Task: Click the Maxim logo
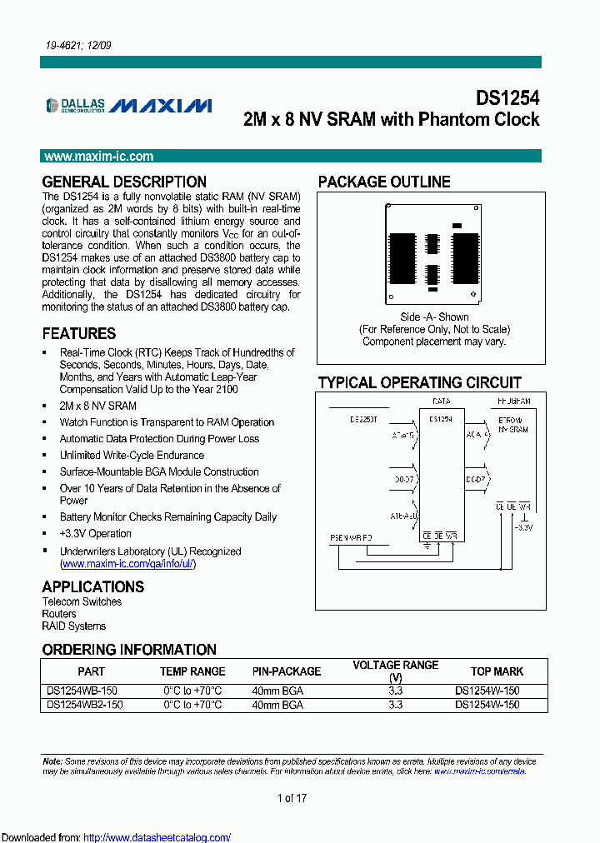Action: click(x=161, y=106)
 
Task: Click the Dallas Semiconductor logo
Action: click(x=76, y=106)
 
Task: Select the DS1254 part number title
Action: click(x=507, y=97)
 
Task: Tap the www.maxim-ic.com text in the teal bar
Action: click(x=98, y=157)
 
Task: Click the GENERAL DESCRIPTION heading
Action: click(x=124, y=182)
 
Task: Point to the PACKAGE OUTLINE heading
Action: click(x=384, y=182)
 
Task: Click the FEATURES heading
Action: click(x=79, y=333)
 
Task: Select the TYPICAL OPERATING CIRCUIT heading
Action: click(x=420, y=383)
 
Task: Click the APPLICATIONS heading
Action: click(x=92, y=586)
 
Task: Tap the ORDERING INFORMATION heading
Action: click(x=129, y=650)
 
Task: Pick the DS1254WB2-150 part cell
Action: click(x=85, y=705)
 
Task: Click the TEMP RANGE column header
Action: click(x=192, y=671)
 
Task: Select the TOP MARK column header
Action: click(x=497, y=671)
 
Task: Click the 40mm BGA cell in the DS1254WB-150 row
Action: click(x=277, y=691)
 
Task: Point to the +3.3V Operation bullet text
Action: click(x=95, y=534)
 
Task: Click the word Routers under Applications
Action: click(x=59, y=614)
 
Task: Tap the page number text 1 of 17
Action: click(x=292, y=799)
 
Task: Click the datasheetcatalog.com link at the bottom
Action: click(x=157, y=838)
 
